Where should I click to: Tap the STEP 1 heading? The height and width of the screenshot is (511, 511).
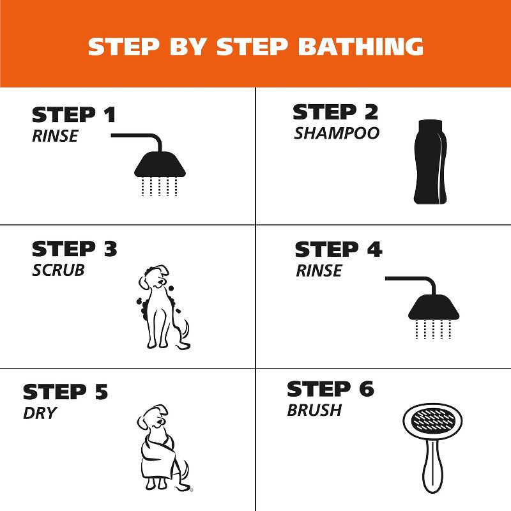coord(74,115)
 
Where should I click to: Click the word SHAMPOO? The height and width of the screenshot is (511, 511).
coord(337,133)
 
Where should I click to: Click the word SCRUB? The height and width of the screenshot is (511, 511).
coord(58,270)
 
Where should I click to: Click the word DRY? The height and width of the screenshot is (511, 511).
coord(40,413)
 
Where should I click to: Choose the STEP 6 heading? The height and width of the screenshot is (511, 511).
coord(330,389)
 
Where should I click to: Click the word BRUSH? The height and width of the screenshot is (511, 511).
coord(314,410)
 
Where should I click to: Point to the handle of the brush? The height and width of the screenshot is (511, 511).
coord(432,472)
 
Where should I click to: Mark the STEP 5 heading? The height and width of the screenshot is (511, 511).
coord(66,392)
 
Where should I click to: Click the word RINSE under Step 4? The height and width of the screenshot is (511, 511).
coord(319,271)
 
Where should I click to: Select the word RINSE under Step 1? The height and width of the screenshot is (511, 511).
coord(55,135)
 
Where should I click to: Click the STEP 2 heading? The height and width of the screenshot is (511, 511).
coord(335,112)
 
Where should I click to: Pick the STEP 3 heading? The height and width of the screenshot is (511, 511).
coord(75,249)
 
